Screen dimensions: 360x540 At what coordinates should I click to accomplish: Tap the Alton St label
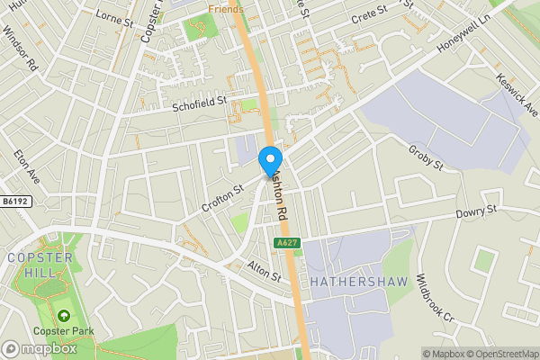265,273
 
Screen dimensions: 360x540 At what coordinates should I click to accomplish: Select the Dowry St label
476,211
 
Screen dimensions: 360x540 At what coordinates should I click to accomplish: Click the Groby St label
426,157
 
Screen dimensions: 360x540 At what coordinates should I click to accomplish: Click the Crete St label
370,10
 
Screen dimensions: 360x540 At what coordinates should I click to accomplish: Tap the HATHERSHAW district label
359,282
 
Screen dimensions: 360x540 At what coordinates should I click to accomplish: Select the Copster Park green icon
65,316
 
